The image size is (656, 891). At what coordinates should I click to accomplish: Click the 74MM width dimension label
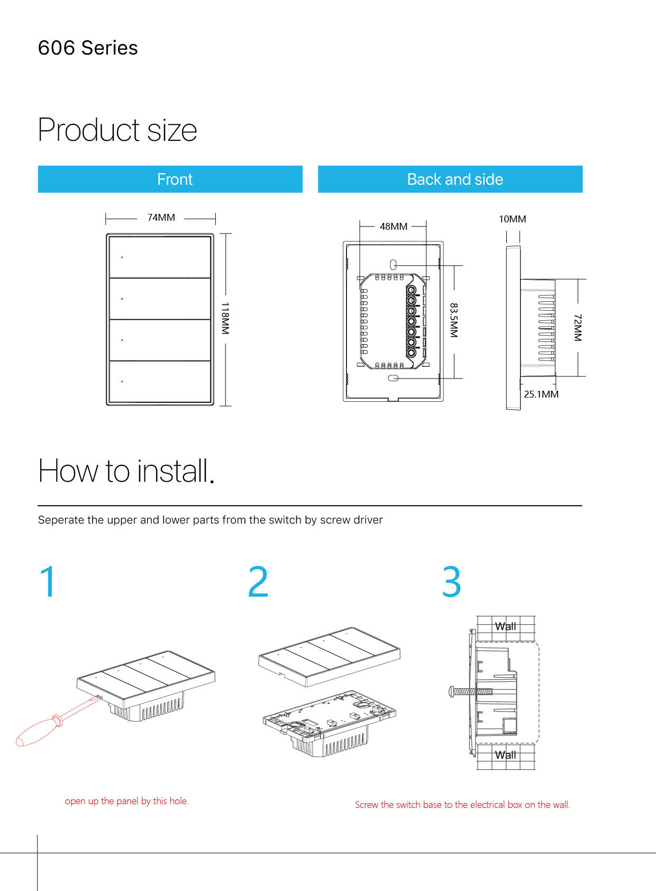click(161, 218)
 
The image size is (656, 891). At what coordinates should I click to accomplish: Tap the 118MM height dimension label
click(225, 318)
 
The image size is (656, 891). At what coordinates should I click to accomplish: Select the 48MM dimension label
click(394, 227)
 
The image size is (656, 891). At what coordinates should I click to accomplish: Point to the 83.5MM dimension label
click(454, 320)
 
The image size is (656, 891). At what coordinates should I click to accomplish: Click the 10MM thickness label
click(512, 219)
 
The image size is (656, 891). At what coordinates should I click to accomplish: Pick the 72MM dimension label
click(578, 327)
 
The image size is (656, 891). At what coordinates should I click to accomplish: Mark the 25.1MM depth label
click(541, 394)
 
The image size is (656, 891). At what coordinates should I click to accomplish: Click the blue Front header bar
click(170, 179)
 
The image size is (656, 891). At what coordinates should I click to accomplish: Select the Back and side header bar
click(450, 179)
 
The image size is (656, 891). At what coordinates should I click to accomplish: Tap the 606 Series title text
click(88, 48)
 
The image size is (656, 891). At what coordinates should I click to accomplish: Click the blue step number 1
click(48, 582)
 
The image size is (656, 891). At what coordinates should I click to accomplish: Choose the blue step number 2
click(258, 582)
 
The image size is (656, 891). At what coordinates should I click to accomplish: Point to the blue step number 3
click(452, 582)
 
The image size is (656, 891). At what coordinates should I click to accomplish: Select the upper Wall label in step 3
click(505, 626)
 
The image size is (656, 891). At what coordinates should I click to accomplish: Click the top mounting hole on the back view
click(393, 265)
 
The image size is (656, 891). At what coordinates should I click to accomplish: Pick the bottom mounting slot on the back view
click(393, 378)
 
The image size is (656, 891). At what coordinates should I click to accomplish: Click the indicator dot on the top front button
click(122, 258)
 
